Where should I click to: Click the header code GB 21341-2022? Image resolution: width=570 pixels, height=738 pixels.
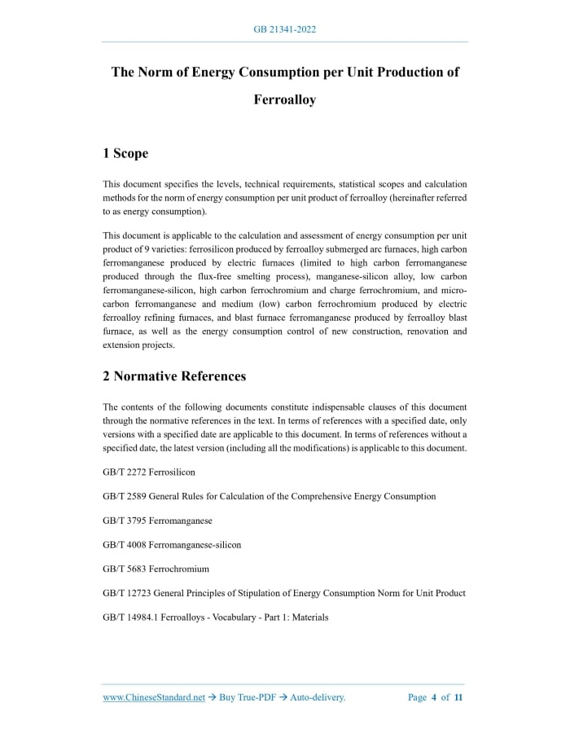pos(285,29)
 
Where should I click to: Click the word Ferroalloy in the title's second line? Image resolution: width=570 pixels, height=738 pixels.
pos(285,100)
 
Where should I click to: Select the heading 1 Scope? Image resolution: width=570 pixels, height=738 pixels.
pos(125,153)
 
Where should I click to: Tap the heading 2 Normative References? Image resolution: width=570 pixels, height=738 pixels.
pos(174,376)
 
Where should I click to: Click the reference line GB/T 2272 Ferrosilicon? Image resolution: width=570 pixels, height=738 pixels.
pos(149,472)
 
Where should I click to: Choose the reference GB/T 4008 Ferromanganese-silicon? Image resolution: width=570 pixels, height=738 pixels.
pos(172,544)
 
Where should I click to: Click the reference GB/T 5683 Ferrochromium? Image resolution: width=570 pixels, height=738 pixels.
pos(156,569)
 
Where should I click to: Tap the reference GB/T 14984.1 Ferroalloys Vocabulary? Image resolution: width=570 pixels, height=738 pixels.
pos(216,617)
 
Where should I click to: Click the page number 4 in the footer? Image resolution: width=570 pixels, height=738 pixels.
pos(434,697)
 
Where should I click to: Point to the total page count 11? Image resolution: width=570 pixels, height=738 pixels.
pos(458,697)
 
